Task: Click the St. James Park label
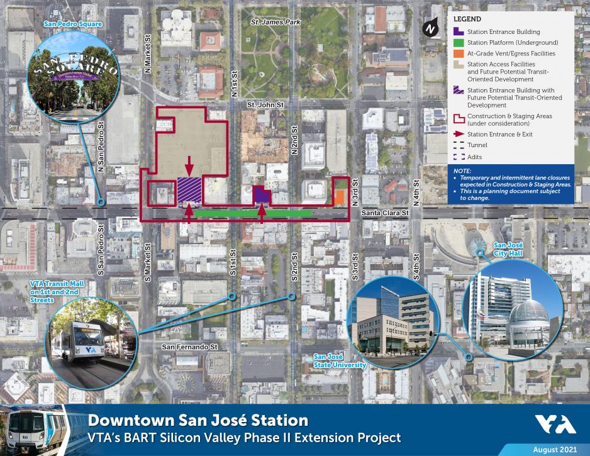tap(275, 22)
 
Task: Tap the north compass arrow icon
tap(430, 28)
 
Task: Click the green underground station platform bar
tap(252, 213)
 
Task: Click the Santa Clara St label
tap(386, 214)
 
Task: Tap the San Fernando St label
tap(189, 347)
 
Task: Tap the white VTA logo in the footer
tap(554, 424)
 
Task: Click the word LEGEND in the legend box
tap(467, 19)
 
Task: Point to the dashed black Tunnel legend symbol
tap(459, 145)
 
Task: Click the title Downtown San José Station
tap(198, 420)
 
